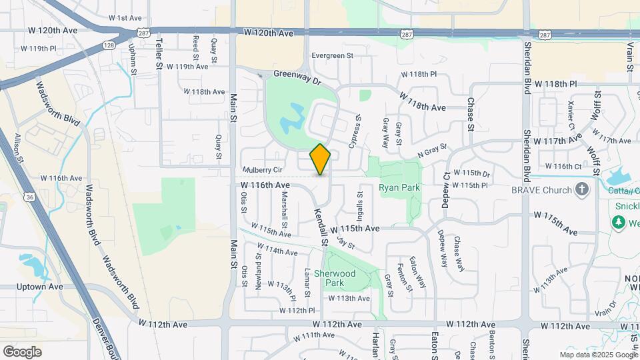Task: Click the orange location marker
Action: (321, 159)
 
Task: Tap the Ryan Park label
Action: (399, 188)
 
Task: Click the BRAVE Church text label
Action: (541, 190)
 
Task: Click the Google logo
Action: (22, 352)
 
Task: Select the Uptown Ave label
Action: (41, 287)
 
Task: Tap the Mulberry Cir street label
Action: (263, 170)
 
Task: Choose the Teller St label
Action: (159, 53)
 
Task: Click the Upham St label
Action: (132, 59)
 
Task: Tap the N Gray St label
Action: (431, 151)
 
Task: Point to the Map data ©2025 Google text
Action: (598, 355)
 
